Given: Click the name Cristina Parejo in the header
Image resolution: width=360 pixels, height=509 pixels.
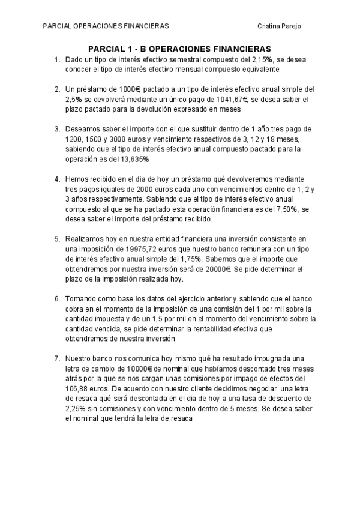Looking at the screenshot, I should tap(279, 26).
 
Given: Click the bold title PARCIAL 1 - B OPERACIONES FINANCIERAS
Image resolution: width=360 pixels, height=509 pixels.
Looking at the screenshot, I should tap(180, 49).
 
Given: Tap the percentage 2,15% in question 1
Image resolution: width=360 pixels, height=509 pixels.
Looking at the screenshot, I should tap(262, 60).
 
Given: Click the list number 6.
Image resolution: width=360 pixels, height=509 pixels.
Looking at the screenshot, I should tap(56, 299).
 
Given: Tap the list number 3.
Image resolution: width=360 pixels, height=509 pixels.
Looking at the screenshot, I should tap(56, 128).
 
